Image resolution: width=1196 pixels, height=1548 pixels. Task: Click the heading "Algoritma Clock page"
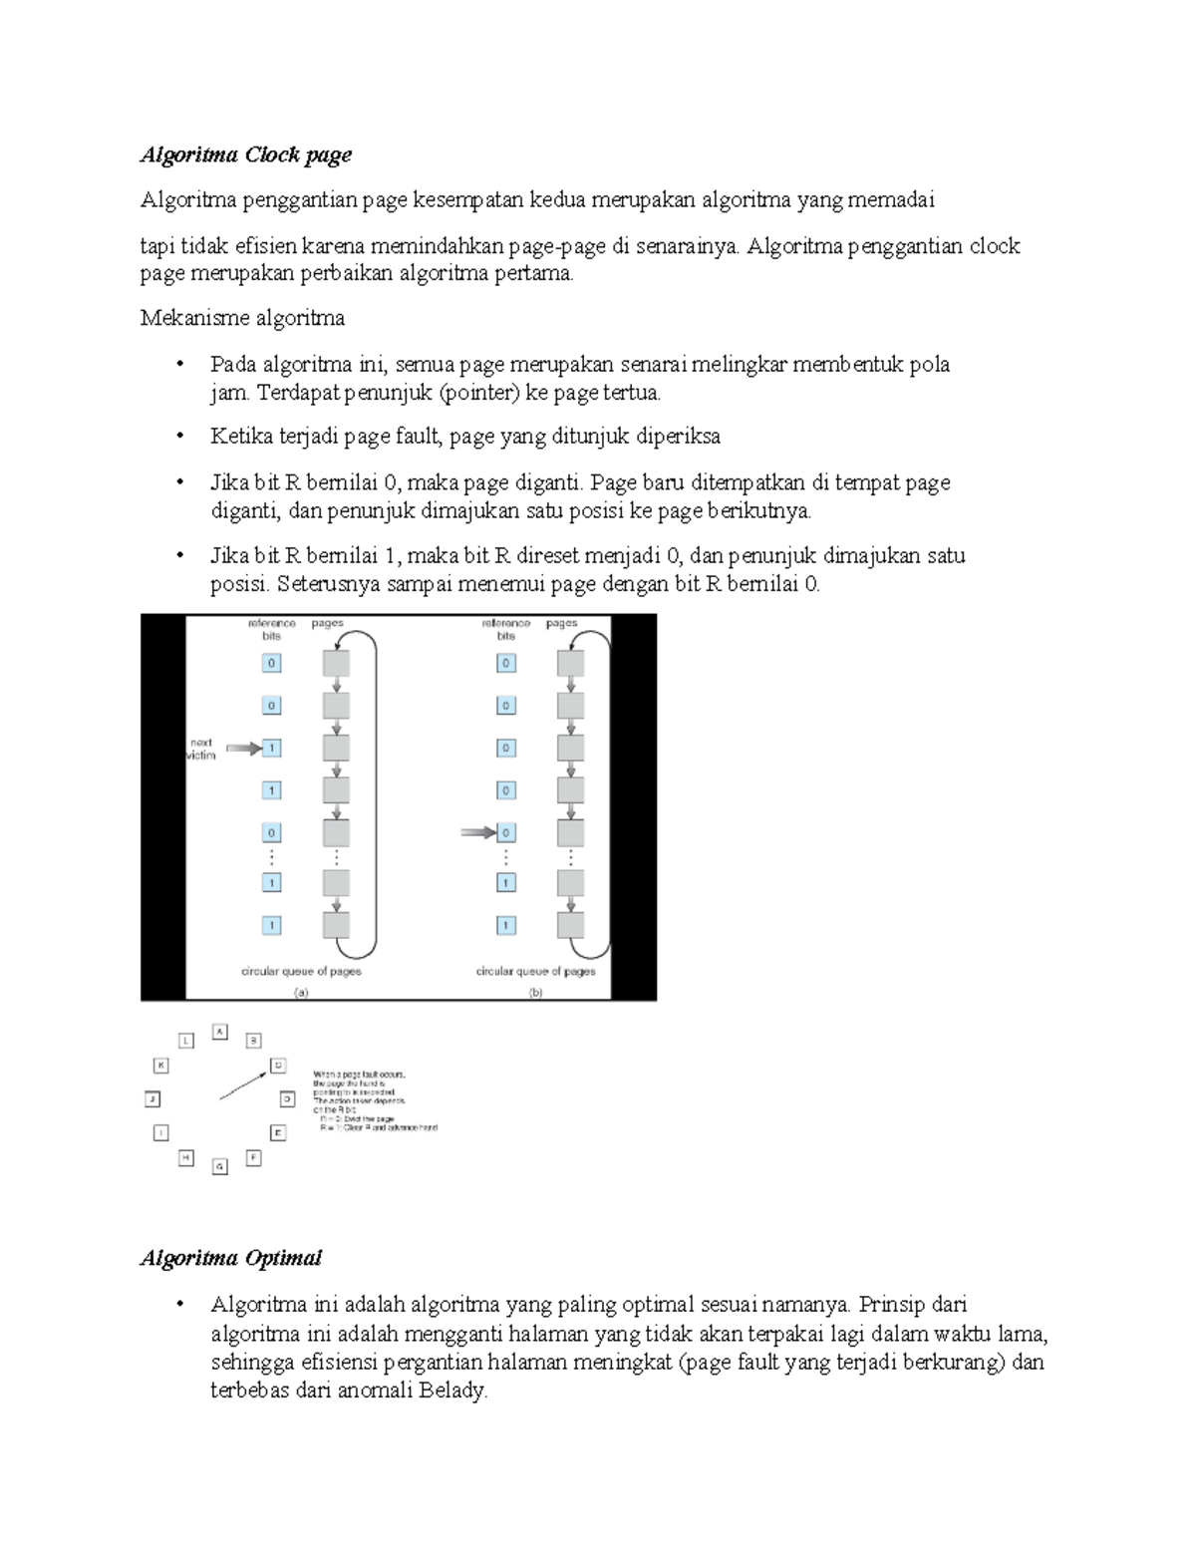click(245, 155)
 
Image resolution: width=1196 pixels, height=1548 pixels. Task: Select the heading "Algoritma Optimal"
click(230, 1258)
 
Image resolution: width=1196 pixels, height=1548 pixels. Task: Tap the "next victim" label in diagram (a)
click(201, 749)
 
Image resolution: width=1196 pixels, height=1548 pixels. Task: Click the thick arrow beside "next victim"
click(243, 748)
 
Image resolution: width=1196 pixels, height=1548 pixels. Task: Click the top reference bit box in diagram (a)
click(271, 663)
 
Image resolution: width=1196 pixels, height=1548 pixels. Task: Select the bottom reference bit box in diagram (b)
click(505, 925)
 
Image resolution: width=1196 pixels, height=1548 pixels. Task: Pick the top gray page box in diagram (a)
click(336, 663)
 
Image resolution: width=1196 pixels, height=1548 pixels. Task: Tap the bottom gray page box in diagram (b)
click(570, 924)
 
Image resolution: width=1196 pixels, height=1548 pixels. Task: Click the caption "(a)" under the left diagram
click(300, 993)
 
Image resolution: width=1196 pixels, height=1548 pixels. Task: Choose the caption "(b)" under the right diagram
click(535, 993)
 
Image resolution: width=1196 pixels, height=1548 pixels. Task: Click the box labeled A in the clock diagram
click(220, 1032)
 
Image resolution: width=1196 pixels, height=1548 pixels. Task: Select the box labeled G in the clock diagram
click(220, 1165)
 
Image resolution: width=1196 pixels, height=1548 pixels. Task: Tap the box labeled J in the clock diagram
click(152, 1099)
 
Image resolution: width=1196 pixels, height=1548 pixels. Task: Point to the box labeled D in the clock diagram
click(287, 1099)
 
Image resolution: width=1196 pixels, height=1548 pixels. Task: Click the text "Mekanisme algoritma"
click(242, 318)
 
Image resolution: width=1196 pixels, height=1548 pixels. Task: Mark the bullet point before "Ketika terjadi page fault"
click(179, 437)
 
